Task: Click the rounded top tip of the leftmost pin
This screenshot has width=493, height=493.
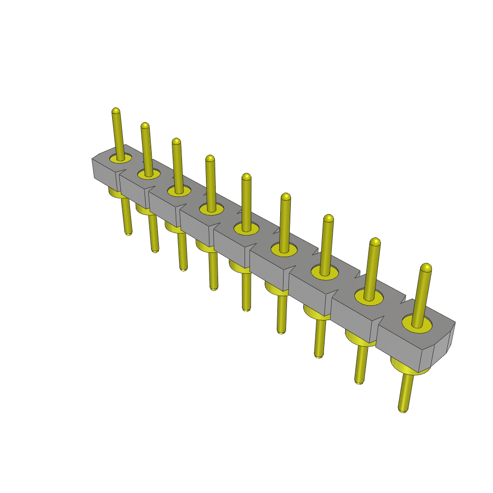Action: tap(116, 111)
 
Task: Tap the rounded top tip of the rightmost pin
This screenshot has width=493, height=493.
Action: tap(426, 267)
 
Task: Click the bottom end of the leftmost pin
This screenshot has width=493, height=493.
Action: tap(129, 233)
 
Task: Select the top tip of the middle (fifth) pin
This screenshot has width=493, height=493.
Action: tap(246, 177)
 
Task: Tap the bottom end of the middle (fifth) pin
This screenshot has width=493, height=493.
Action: tap(246, 309)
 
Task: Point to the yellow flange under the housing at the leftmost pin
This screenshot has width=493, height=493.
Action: tap(114, 194)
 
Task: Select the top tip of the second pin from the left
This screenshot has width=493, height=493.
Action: tap(144, 126)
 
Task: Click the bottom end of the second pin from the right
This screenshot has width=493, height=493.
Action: tap(359, 381)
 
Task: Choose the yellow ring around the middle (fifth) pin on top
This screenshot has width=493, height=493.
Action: tap(238, 228)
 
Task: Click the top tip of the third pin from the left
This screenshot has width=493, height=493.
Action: tap(176, 142)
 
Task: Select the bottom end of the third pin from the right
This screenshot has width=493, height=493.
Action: tap(318, 355)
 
